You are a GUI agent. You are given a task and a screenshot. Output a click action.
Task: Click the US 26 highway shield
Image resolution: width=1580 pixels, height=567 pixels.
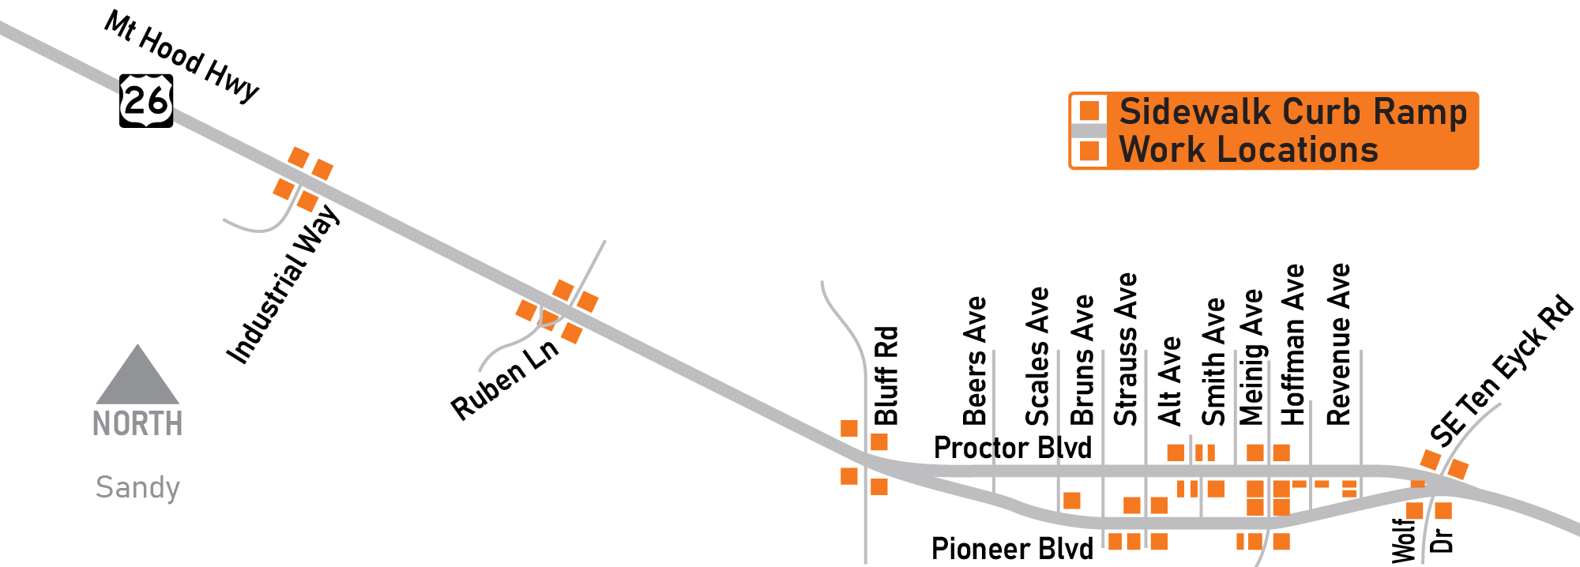tap(146, 101)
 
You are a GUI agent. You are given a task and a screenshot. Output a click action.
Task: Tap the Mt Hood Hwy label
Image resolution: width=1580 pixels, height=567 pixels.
tap(182, 56)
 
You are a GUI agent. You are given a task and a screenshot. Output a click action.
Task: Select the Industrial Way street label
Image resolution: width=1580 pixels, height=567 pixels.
tap(283, 284)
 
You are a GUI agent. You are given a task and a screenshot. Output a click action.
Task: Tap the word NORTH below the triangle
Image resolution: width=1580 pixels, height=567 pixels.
tap(138, 424)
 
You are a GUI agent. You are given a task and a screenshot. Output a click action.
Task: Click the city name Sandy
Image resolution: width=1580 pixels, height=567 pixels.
tap(138, 487)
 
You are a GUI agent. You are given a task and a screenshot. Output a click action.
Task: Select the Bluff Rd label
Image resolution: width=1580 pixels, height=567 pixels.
tap(886, 376)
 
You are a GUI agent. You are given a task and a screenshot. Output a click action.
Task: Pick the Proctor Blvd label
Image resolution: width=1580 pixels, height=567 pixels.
tap(1013, 448)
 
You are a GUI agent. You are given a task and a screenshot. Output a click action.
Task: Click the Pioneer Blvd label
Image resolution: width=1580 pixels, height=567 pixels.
tap(1013, 548)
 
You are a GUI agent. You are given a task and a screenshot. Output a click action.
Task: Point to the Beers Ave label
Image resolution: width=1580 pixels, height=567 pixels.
tap(976, 361)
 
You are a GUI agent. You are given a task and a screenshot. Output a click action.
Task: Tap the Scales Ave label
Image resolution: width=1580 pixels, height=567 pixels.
tap(1037, 356)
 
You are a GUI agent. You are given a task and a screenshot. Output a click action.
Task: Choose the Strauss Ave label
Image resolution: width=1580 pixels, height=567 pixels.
tap(1126, 349)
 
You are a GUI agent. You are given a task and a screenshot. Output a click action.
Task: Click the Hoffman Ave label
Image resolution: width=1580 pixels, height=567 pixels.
tap(1293, 344)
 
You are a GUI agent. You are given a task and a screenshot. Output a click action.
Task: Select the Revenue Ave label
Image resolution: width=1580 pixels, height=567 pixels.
tap(1339, 344)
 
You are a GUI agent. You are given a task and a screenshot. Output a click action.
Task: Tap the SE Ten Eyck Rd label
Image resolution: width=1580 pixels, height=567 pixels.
tap(1501, 370)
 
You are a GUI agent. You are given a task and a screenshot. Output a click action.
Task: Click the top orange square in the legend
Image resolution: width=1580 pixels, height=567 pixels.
tap(1090, 111)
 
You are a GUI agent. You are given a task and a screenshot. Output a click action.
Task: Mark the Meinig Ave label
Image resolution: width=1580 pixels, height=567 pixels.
tap(1251, 357)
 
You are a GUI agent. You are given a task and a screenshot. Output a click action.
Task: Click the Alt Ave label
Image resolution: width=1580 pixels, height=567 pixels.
tap(1169, 381)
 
